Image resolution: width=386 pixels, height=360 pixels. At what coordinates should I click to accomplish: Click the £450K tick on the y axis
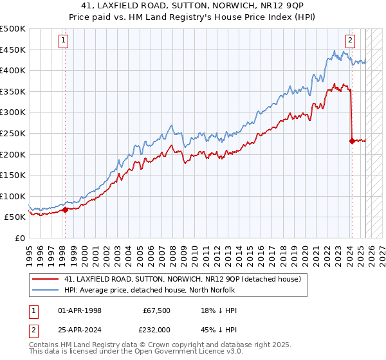13,50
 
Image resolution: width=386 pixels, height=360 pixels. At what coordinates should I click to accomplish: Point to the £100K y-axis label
13,196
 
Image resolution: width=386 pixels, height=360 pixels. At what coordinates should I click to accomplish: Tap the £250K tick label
13,133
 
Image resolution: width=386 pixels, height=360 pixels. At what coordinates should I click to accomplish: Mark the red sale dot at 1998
65,209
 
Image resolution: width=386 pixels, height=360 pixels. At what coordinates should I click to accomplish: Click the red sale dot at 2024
352,141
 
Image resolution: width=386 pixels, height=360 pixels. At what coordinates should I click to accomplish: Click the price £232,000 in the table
156,328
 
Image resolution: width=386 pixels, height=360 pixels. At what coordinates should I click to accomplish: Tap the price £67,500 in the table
156,310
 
